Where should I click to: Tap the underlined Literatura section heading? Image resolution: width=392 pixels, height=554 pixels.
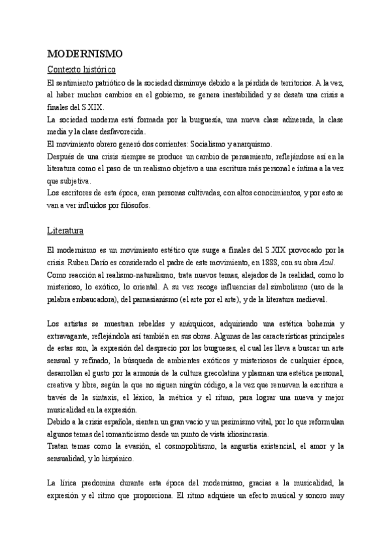coord(69,231)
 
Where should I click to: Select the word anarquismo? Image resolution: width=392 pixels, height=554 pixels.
coord(253,144)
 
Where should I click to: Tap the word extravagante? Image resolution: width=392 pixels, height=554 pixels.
coord(69,335)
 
